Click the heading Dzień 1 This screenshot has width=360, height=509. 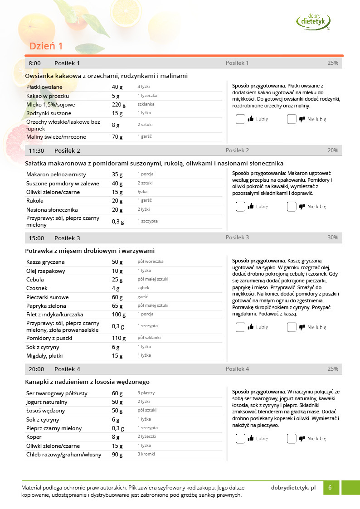point(46,46)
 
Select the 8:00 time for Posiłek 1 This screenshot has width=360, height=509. point(34,63)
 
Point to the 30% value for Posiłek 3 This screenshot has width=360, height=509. point(333,238)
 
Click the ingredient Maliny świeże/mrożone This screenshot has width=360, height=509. point(56,137)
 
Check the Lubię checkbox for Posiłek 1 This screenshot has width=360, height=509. point(240,119)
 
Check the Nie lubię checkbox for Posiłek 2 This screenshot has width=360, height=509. point(292,207)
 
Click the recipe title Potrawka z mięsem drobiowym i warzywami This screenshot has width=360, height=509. point(90,251)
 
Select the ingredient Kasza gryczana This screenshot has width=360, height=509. point(45,262)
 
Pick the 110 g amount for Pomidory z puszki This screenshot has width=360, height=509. point(119,338)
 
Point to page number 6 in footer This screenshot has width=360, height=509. point(330,488)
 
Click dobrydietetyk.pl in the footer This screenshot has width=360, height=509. point(293,488)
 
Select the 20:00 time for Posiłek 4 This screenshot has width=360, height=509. point(36,369)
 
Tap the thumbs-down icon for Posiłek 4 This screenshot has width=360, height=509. point(302,439)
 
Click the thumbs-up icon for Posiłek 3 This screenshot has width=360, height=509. point(250,327)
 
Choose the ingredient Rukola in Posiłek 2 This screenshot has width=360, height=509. point(35,201)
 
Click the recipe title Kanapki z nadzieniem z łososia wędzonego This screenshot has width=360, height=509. point(87,382)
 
